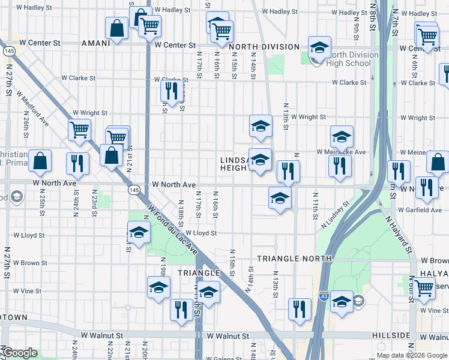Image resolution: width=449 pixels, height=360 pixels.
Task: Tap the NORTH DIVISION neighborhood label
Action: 264,47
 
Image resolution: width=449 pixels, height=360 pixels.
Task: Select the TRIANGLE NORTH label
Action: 294,259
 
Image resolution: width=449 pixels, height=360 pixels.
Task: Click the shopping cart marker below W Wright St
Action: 79,130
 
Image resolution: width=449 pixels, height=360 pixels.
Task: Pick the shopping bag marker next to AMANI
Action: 116,28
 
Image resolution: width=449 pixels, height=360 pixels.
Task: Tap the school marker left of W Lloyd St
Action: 139,232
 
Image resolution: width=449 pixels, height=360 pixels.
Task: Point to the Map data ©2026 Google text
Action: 412,355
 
